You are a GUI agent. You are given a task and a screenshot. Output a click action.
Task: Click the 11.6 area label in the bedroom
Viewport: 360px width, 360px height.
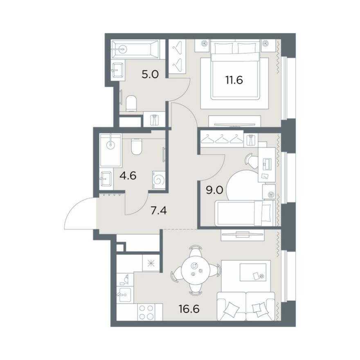[x=234, y=80]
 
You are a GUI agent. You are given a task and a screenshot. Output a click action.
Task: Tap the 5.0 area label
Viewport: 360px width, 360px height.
[x=150, y=74]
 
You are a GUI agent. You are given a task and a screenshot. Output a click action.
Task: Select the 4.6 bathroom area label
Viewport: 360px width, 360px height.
[x=128, y=176]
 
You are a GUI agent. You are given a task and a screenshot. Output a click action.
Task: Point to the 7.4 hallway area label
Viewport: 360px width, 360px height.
[x=158, y=210]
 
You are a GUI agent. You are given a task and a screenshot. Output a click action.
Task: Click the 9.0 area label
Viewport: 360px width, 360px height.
[x=214, y=190]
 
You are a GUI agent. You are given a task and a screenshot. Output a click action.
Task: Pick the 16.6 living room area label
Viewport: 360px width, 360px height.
[x=189, y=309]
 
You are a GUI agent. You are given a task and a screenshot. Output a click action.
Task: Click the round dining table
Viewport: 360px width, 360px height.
[x=196, y=270]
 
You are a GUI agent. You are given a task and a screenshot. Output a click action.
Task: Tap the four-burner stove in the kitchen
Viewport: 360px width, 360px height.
[x=146, y=312]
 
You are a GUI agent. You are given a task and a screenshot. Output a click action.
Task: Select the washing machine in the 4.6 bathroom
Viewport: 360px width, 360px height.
[x=158, y=180]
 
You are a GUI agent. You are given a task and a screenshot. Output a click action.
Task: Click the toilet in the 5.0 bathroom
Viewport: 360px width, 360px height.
[x=131, y=103]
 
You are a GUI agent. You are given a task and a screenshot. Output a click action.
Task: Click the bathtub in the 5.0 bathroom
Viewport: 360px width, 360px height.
[x=135, y=49]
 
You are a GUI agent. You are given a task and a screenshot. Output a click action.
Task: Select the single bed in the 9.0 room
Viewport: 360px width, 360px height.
[x=245, y=213]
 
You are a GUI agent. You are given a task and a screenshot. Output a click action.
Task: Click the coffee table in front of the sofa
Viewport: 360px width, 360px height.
[x=253, y=272]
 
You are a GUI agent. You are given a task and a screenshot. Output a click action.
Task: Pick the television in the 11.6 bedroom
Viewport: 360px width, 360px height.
[x=234, y=125]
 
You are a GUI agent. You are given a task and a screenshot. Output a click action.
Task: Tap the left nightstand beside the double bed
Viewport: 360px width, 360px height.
[x=202, y=45]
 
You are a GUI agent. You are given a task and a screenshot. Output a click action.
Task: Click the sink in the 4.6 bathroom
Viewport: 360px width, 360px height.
[x=106, y=178]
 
